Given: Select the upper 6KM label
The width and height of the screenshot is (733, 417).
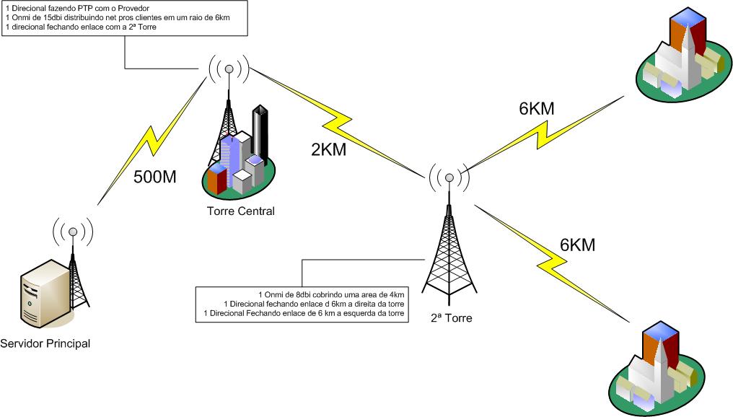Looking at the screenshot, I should pyautogui.click(x=537, y=109).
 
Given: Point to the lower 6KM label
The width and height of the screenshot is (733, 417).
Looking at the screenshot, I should pyautogui.click(x=577, y=245).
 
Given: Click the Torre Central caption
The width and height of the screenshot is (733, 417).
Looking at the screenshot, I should pyautogui.click(x=240, y=211).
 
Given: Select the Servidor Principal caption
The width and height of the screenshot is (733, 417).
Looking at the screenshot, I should pyautogui.click(x=46, y=343).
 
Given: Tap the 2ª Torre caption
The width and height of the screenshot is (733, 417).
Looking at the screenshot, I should pyautogui.click(x=451, y=317).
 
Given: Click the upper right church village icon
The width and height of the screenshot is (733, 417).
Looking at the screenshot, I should pyautogui.click(x=682, y=60).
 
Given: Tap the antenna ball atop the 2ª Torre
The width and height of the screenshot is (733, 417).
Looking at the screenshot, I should pyautogui.click(x=449, y=177).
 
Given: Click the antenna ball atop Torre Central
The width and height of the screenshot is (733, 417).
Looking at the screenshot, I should pyautogui.click(x=229, y=69).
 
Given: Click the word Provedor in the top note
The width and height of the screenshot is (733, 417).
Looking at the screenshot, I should pyautogui.click(x=133, y=8).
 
